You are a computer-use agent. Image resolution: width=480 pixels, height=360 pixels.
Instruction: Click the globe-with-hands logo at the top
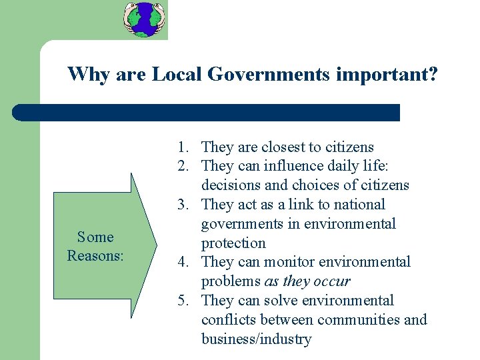[x=145, y=19]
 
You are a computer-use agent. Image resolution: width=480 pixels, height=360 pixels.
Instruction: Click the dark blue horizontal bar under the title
[x=207, y=113]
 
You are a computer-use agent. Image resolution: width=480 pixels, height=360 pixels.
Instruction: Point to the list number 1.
[x=183, y=147]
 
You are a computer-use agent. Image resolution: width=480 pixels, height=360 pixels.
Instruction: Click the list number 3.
[x=183, y=205]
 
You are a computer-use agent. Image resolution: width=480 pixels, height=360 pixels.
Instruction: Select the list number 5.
[x=183, y=301]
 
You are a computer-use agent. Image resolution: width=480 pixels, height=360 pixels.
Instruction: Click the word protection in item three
[x=233, y=243]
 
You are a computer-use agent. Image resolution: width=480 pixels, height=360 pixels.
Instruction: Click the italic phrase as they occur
[x=307, y=281]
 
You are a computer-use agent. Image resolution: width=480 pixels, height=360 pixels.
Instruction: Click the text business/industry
[x=256, y=339]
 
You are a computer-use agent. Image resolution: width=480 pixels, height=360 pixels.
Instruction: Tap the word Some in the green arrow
[x=95, y=237]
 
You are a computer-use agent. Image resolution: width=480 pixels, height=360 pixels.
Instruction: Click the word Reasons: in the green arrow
[x=95, y=255]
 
